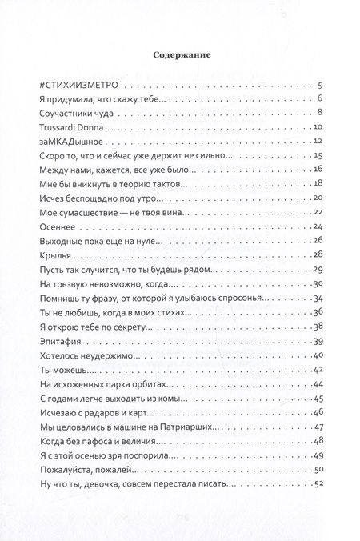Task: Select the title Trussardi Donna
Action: pyautogui.click(x=72, y=126)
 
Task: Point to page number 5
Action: pyautogui.click(x=319, y=85)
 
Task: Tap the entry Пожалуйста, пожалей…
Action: pyautogui.click(x=87, y=469)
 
